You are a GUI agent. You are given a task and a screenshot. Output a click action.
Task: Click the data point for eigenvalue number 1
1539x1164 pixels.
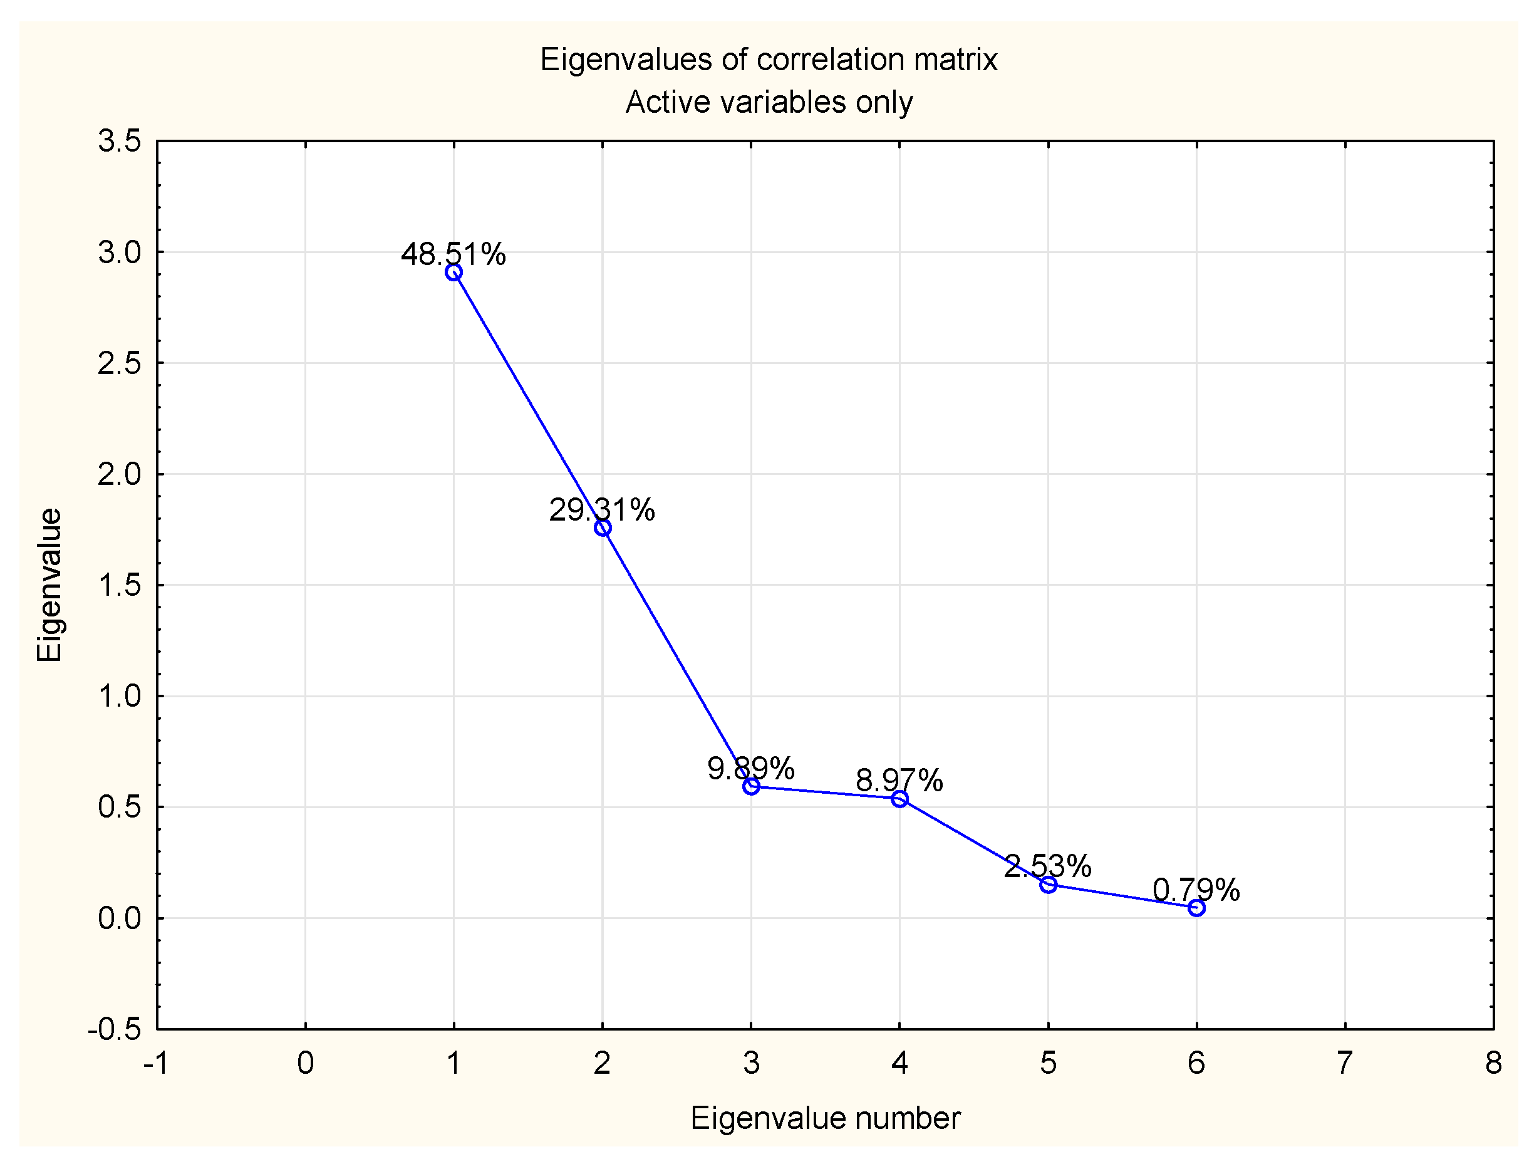[x=453, y=272]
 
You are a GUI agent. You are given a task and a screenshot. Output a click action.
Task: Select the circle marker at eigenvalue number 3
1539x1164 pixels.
[x=751, y=786]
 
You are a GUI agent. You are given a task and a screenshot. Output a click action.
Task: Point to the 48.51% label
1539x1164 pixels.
[x=453, y=254]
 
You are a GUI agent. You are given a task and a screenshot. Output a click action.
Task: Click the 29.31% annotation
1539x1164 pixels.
[x=602, y=510]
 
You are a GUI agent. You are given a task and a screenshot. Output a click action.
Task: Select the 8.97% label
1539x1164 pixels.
[x=899, y=780]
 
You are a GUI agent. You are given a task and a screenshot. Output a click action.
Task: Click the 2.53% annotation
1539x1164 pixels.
[x=1047, y=866]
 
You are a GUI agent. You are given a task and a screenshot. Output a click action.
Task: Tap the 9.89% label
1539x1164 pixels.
[x=751, y=768]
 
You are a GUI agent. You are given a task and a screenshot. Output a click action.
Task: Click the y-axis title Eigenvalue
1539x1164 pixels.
[x=50, y=585]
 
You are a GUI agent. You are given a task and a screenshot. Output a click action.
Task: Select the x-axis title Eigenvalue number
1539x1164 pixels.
[x=825, y=1118]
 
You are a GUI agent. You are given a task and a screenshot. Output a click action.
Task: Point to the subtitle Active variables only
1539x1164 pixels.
[x=769, y=102]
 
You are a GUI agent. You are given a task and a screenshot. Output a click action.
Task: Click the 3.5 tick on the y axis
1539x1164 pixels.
[x=119, y=141]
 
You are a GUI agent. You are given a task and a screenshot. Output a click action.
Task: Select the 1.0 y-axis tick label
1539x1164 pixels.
[x=119, y=696]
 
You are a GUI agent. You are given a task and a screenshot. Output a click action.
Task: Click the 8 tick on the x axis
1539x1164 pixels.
[x=1493, y=1063]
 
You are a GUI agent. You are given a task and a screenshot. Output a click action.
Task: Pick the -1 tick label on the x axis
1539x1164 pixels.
[x=156, y=1063]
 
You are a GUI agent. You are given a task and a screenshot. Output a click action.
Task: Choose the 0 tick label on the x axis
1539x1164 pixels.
[x=306, y=1063]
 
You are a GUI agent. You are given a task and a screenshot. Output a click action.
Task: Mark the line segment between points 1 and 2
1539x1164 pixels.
[x=528, y=400]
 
